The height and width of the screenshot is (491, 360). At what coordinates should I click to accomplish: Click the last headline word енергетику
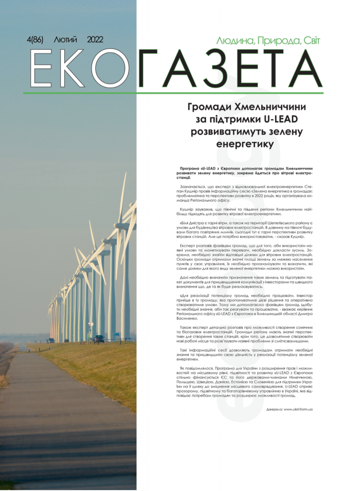pyautogui.click(x=244, y=144)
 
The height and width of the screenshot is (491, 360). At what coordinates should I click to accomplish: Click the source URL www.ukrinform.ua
pyautogui.click(x=298, y=409)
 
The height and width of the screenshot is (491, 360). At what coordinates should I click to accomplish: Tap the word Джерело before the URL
pyautogui.click(x=273, y=409)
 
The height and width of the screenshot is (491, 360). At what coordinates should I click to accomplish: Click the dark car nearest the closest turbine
pyautogui.click(x=99, y=339)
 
